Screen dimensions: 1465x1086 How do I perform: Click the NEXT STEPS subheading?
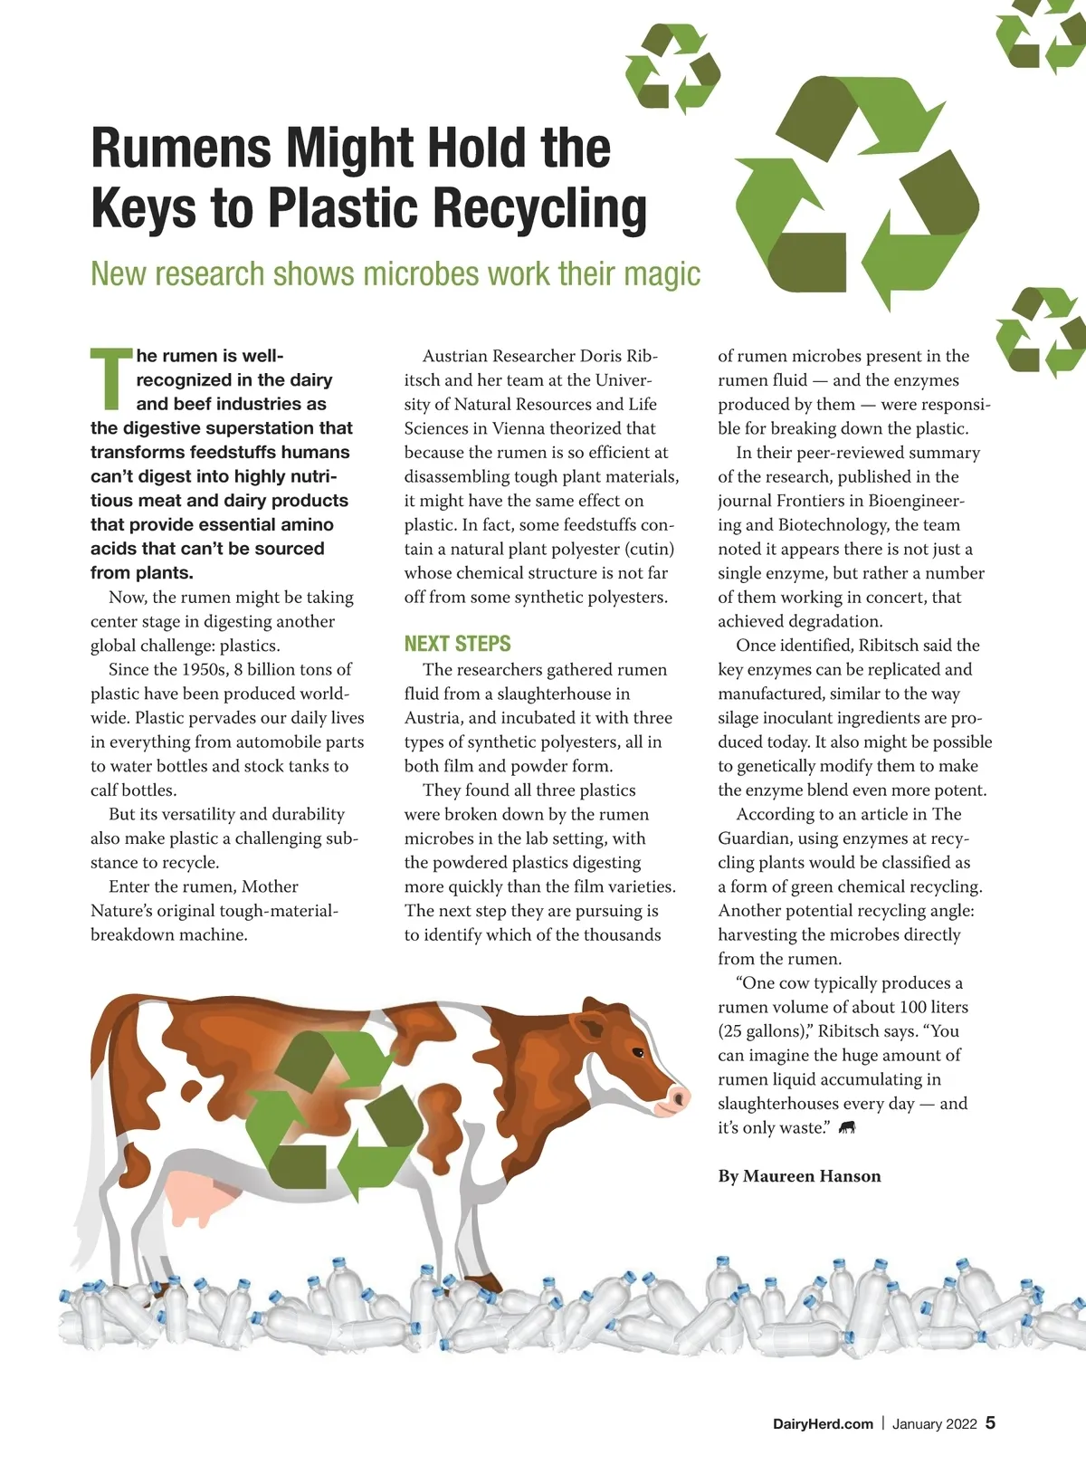pyautogui.click(x=457, y=644)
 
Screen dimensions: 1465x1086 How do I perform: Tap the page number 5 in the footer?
pyautogui.click(x=990, y=1422)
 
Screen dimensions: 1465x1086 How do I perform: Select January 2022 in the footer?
pyautogui.click(x=934, y=1423)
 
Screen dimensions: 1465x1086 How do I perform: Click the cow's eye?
pyautogui.click(x=638, y=1053)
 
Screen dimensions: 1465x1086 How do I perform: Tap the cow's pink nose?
pyautogui.click(x=677, y=1098)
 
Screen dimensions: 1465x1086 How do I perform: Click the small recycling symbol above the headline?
pyautogui.click(x=672, y=69)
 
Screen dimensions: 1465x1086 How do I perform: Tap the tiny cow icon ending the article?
pyautogui.click(x=847, y=1128)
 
